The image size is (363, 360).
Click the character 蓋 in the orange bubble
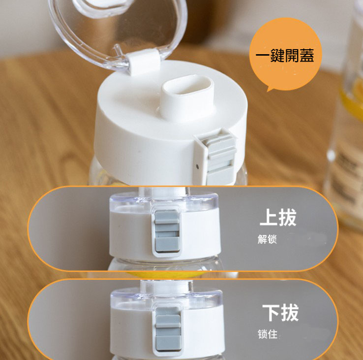click(x=307, y=56)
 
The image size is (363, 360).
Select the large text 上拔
click(x=278, y=217)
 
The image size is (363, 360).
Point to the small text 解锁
click(x=267, y=239)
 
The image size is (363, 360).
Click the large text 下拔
click(x=280, y=313)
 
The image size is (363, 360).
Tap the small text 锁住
click(x=268, y=334)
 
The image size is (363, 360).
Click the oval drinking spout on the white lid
click(x=187, y=87)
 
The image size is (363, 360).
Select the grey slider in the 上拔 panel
click(x=167, y=231)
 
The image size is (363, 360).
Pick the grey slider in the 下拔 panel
click(x=168, y=329)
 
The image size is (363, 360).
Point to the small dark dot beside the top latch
click(x=197, y=166)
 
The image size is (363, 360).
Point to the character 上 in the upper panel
click(x=269, y=217)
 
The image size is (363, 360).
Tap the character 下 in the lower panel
click(x=271, y=313)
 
